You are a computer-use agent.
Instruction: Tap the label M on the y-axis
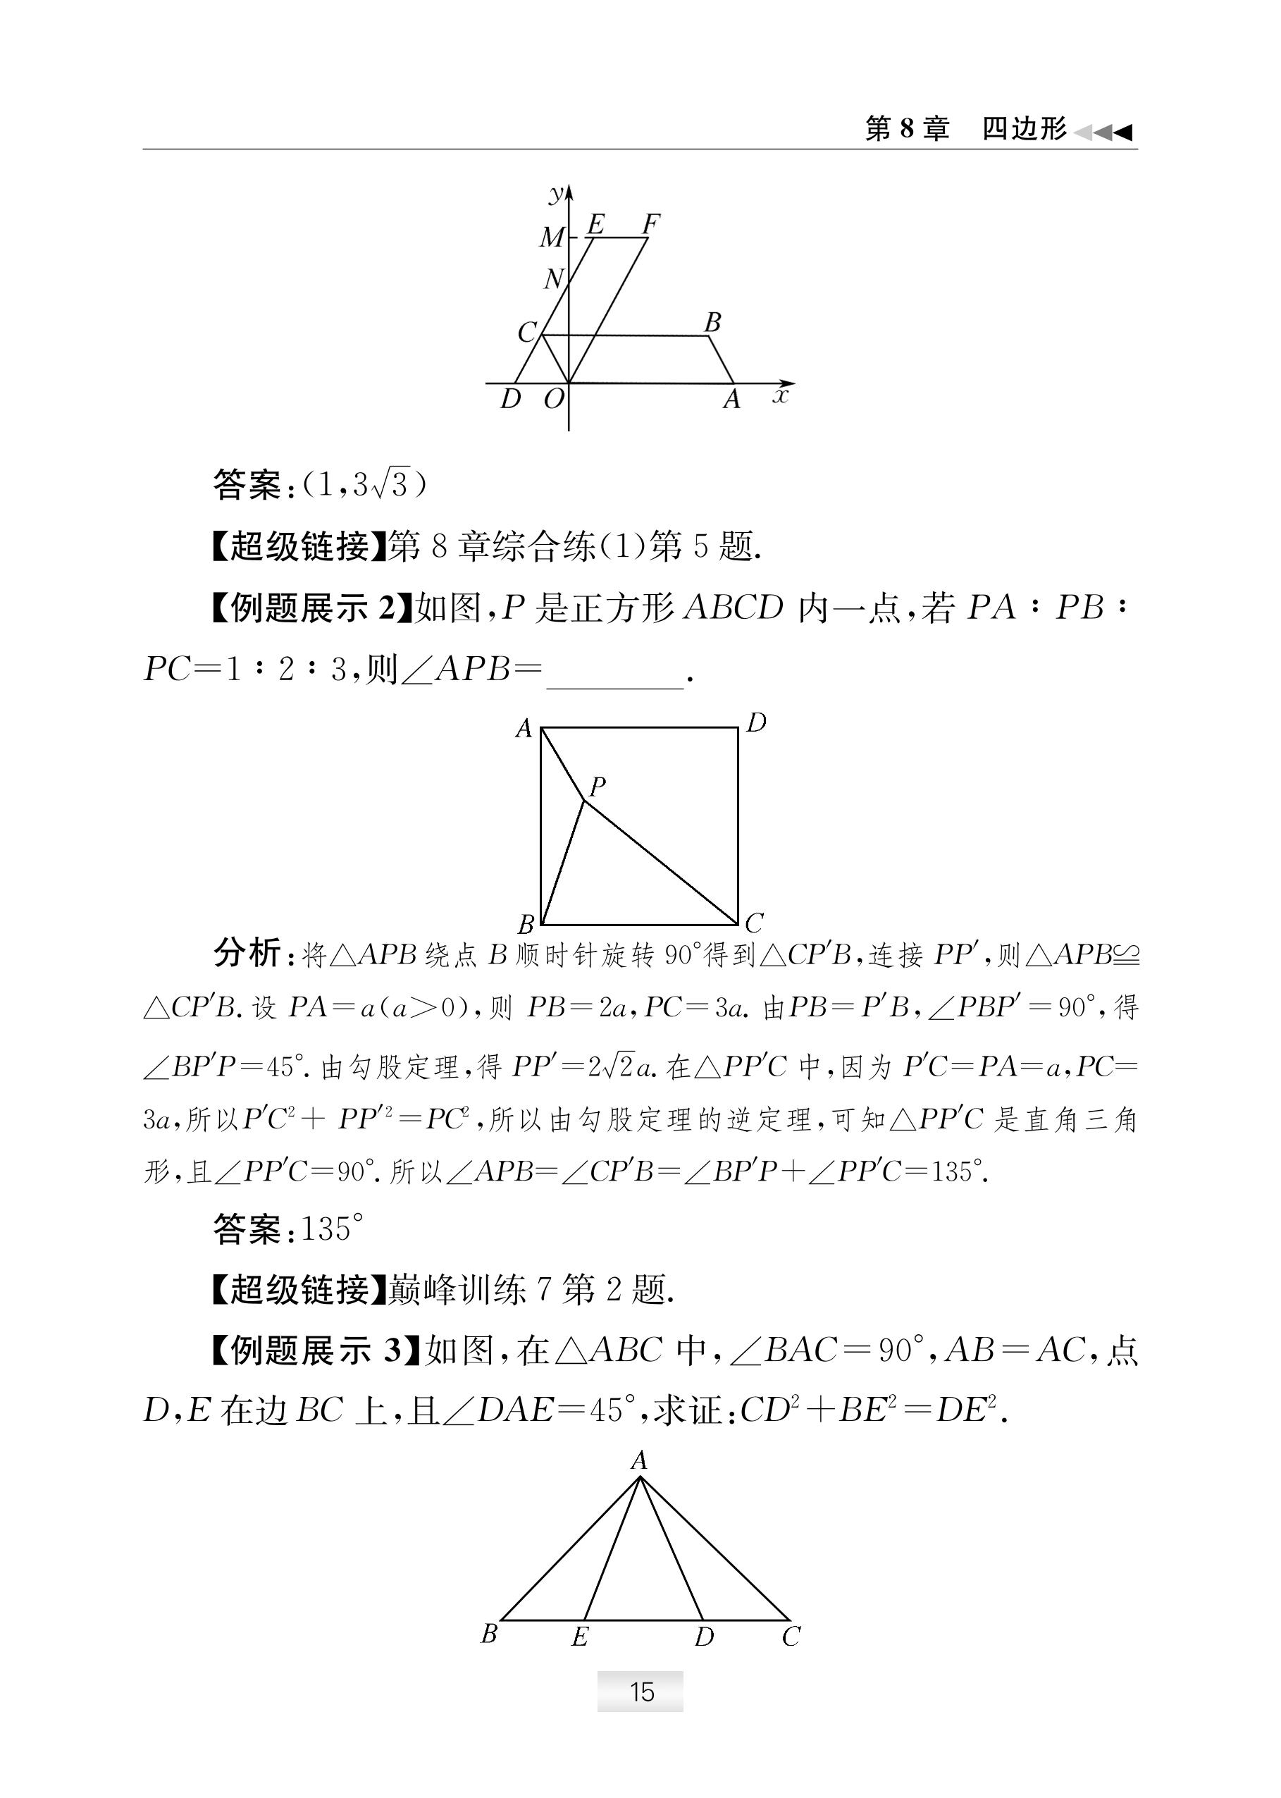click(x=552, y=237)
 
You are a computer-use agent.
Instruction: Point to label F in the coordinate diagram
click(x=650, y=225)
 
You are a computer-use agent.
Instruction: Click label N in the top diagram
click(x=554, y=278)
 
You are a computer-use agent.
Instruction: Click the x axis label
click(x=781, y=395)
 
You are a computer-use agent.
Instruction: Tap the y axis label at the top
click(x=557, y=192)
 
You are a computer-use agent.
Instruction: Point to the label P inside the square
click(x=597, y=786)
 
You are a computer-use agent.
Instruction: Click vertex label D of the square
click(x=755, y=722)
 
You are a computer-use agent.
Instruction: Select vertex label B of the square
click(x=526, y=924)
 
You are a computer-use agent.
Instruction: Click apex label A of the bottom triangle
click(x=639, y=1460)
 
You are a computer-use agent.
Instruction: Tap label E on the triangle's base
click(x=580, y=1638)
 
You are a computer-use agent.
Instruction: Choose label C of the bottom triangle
click(x=791, y=1637)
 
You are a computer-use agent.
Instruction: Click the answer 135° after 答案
click(x=332, y=1229)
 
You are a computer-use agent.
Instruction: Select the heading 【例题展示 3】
click(x=314, y=1350)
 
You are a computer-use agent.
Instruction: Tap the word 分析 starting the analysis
click(x=246, y=954)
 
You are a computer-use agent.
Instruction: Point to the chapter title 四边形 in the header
click(x=1023, y=128)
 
